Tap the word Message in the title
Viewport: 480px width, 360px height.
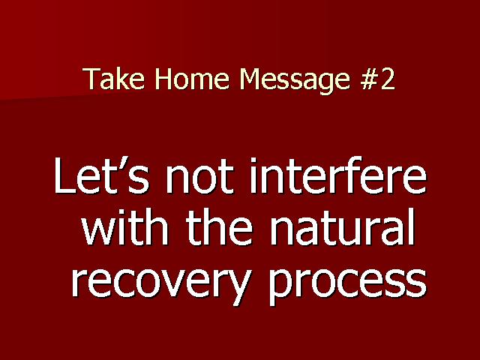[295, 80]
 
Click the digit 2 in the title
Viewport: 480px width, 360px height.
[388, 78]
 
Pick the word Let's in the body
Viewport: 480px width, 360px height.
[102, 175]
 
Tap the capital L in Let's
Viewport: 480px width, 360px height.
[64, 175]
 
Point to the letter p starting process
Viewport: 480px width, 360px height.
[280, 286]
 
